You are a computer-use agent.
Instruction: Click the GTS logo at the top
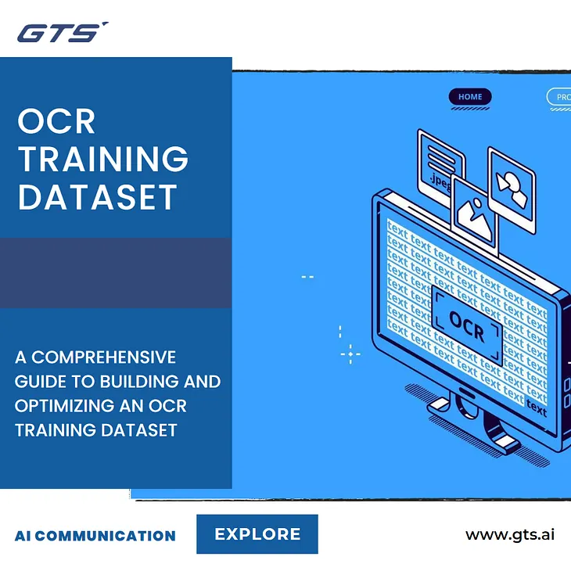61,33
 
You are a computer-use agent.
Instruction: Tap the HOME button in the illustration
470,97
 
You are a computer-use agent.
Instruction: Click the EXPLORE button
257,534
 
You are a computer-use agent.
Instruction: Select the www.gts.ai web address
510,535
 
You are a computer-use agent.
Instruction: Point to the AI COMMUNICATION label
95,536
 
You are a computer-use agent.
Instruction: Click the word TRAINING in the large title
103,159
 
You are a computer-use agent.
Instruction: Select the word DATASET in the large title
98,197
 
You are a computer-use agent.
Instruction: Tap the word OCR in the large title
56,122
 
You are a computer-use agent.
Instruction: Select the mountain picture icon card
474,212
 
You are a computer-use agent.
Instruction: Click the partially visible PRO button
559,97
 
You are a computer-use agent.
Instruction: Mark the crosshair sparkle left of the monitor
350,354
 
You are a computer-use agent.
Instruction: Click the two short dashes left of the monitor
307,276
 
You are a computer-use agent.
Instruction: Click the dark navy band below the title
116,272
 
